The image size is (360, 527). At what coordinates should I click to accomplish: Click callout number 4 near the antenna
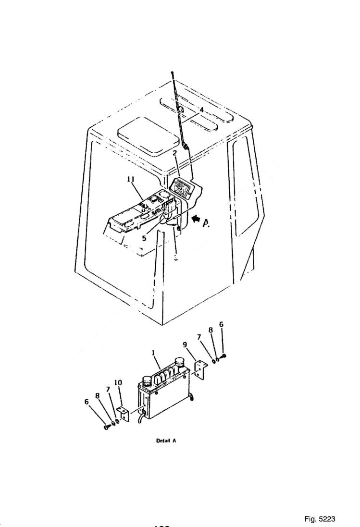tap(202, 110)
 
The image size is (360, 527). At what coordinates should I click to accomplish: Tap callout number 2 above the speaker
tap(175, 154)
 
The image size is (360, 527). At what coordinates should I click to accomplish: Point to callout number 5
tap(144, 237)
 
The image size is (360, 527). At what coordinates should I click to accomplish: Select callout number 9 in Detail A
tap(185, 344)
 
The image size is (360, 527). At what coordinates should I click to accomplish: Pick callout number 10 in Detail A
tap(118, 382)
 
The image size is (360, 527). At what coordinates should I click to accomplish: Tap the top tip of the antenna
tap(171, 72)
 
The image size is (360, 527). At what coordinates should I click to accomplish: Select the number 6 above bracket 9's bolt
tap(221, 325)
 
